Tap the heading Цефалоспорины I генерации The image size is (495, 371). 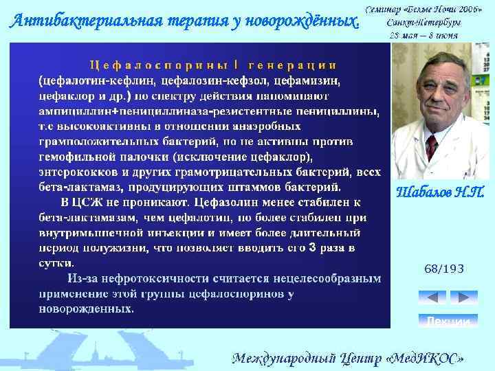(x=214, y=65)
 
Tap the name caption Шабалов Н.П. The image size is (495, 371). (x=439, y=193)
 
